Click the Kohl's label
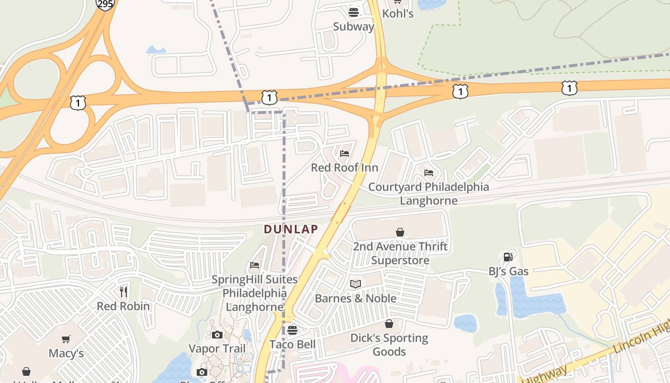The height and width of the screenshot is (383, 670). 398,13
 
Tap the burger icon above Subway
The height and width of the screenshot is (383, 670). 354,12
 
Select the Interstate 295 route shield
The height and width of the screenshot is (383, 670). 105,4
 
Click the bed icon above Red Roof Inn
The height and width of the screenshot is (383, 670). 345,154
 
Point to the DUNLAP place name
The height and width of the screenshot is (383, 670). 291,229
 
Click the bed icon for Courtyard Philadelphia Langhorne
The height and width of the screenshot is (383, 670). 429,172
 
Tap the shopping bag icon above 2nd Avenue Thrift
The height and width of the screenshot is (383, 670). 400,232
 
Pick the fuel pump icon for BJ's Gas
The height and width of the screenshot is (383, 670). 508,257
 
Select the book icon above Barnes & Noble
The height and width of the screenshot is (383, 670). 355,284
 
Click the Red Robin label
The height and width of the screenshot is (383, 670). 123,306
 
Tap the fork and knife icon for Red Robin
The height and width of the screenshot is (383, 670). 123,292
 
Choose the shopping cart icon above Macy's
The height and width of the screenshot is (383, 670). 66,339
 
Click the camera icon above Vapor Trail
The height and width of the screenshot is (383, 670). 217,335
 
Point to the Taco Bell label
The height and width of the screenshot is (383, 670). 292,344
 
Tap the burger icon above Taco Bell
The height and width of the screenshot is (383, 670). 292,330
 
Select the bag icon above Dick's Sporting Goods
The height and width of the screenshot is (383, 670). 389,324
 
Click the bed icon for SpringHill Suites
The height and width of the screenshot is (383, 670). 255,265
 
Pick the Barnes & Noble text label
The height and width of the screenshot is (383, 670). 356,298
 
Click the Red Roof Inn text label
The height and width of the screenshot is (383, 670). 345,168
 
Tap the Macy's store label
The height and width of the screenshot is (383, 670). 66,353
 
